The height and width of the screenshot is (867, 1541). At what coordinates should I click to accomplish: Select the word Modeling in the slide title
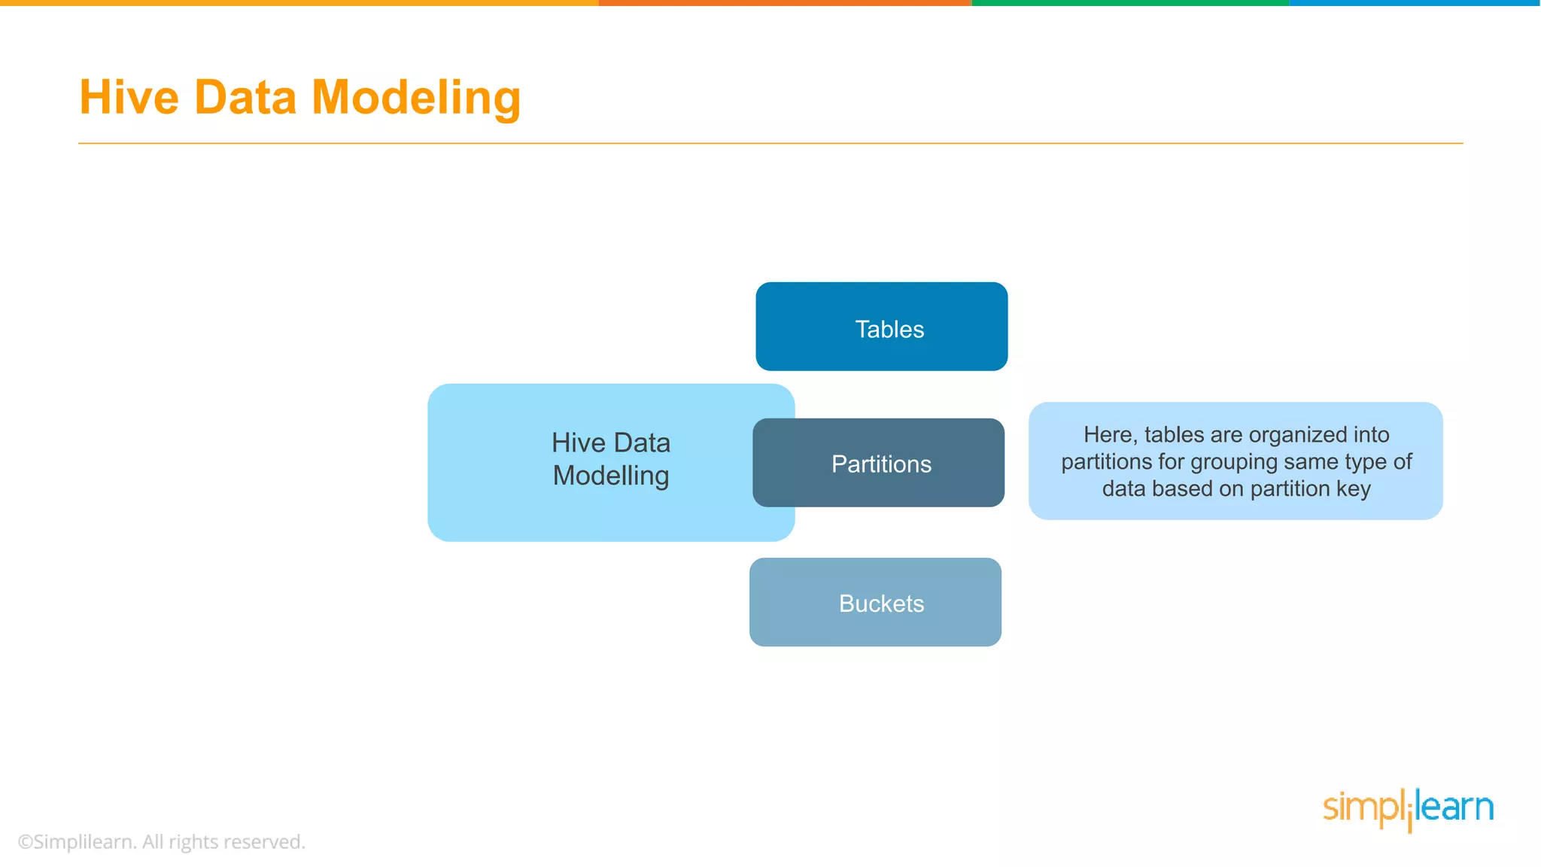[415, 98]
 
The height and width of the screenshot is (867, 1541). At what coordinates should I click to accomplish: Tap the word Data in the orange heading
[245, 98]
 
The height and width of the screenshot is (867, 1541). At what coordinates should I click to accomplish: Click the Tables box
[881, 327]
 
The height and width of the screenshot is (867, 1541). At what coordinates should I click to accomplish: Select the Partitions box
[878, 463]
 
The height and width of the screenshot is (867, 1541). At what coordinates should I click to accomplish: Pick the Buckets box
[875, 602]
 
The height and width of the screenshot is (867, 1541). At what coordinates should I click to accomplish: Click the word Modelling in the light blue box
[610, 476]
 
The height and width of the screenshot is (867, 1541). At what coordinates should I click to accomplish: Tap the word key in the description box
[1353, 489]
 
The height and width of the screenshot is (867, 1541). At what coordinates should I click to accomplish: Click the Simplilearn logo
[1408, 808]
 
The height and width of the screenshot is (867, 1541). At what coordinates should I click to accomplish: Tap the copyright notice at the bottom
[161, 841]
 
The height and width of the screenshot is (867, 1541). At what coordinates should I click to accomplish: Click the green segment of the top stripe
[1130, 3]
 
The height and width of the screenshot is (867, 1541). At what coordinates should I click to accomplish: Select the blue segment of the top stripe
[1415, 3]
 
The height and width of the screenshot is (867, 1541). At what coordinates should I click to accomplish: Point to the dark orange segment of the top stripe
[785, 3]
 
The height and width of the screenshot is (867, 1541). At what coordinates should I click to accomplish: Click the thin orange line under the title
[770, 143]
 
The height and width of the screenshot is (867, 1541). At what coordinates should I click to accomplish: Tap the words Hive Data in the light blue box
[610, 443]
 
